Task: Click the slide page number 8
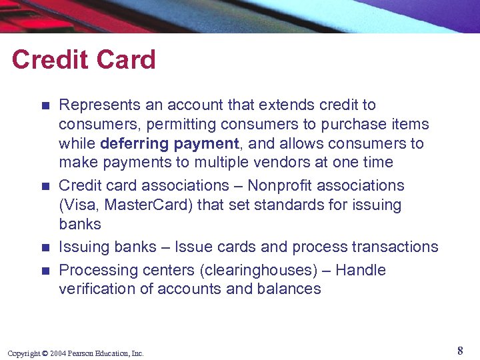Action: [460, 351]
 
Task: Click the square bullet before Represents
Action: [45, 105]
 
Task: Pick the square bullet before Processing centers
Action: [45, 271]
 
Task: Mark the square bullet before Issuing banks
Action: [45, 247]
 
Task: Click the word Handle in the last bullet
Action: [361, 270]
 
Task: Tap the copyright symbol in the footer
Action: [45, 353]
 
